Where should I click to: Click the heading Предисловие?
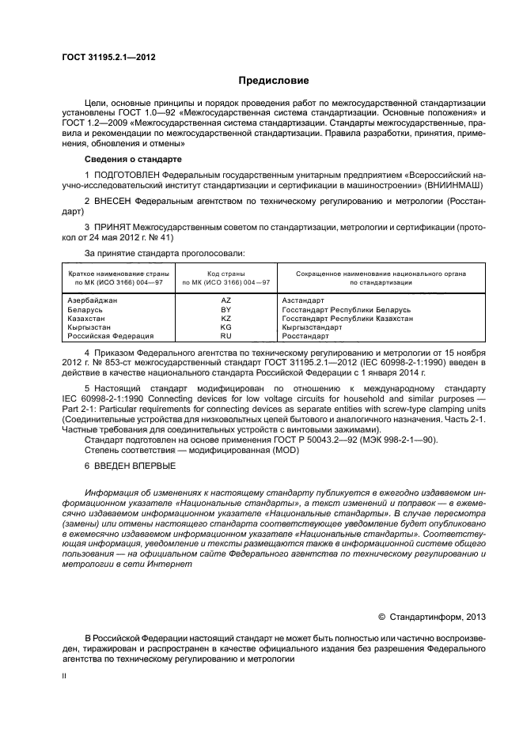click(274, 81)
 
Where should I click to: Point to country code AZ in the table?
click(226, 301)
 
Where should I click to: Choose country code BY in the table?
click(226, 310)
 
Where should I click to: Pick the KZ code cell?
click(226, 319)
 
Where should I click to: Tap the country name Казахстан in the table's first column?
click(82, 319)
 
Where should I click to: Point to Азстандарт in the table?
click(303, 301)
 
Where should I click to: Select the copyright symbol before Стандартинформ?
click(381, 617)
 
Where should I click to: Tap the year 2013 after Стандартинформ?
click(473, 617)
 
